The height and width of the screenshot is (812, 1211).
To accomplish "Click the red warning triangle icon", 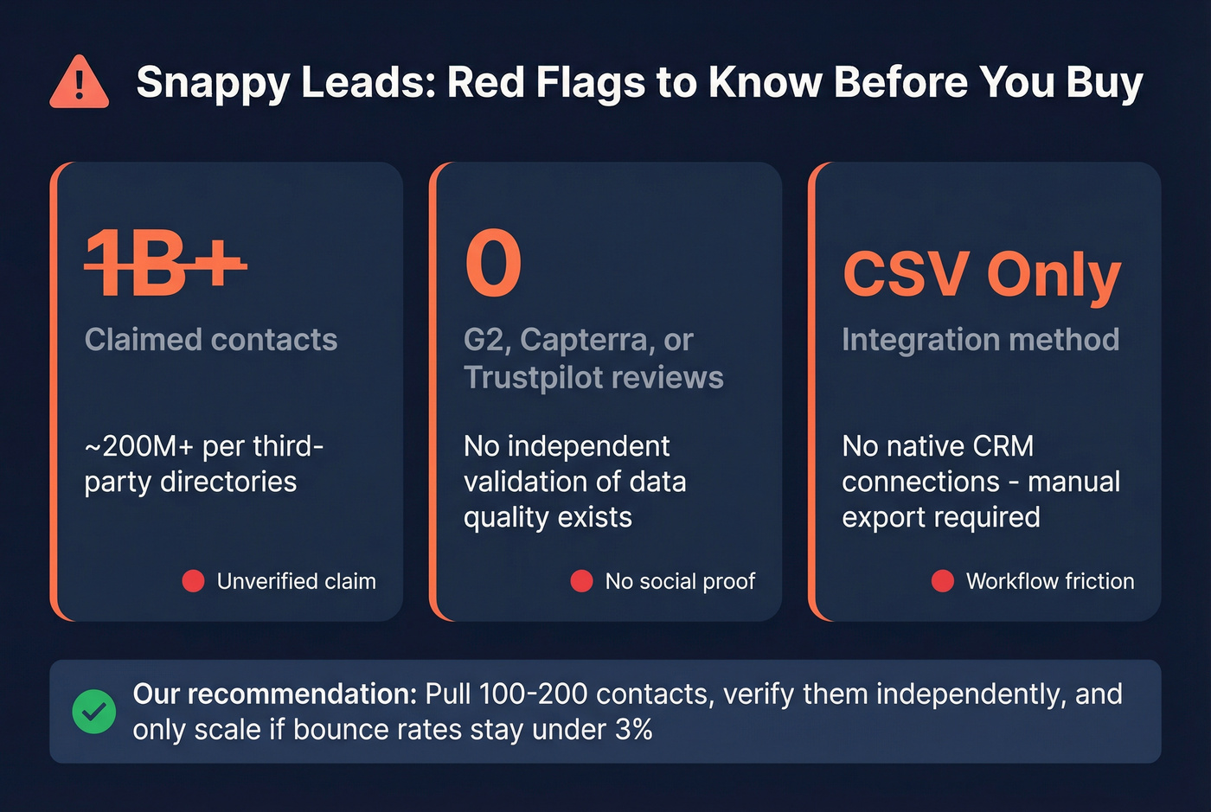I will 80,84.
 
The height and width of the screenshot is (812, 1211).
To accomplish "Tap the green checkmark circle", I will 94,712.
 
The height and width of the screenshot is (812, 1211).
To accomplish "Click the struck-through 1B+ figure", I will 165,264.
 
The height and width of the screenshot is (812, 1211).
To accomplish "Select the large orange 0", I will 493,264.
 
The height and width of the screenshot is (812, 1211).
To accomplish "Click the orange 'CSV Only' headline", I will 982,274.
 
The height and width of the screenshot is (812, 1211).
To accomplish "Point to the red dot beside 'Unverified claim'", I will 193,581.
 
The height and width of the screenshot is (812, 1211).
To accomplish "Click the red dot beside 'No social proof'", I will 581,581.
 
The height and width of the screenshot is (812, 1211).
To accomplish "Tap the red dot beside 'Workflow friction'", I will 942,581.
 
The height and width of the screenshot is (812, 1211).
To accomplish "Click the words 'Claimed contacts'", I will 211,340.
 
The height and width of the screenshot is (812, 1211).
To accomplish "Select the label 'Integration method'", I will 980,340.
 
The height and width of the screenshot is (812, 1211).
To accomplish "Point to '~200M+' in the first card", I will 138,446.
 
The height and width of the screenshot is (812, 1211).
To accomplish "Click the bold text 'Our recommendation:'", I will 275,694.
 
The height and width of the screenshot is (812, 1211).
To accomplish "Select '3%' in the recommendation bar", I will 633,730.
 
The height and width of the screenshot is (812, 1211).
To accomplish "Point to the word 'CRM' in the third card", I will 1003,446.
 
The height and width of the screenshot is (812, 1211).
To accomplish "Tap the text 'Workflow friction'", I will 1049,581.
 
